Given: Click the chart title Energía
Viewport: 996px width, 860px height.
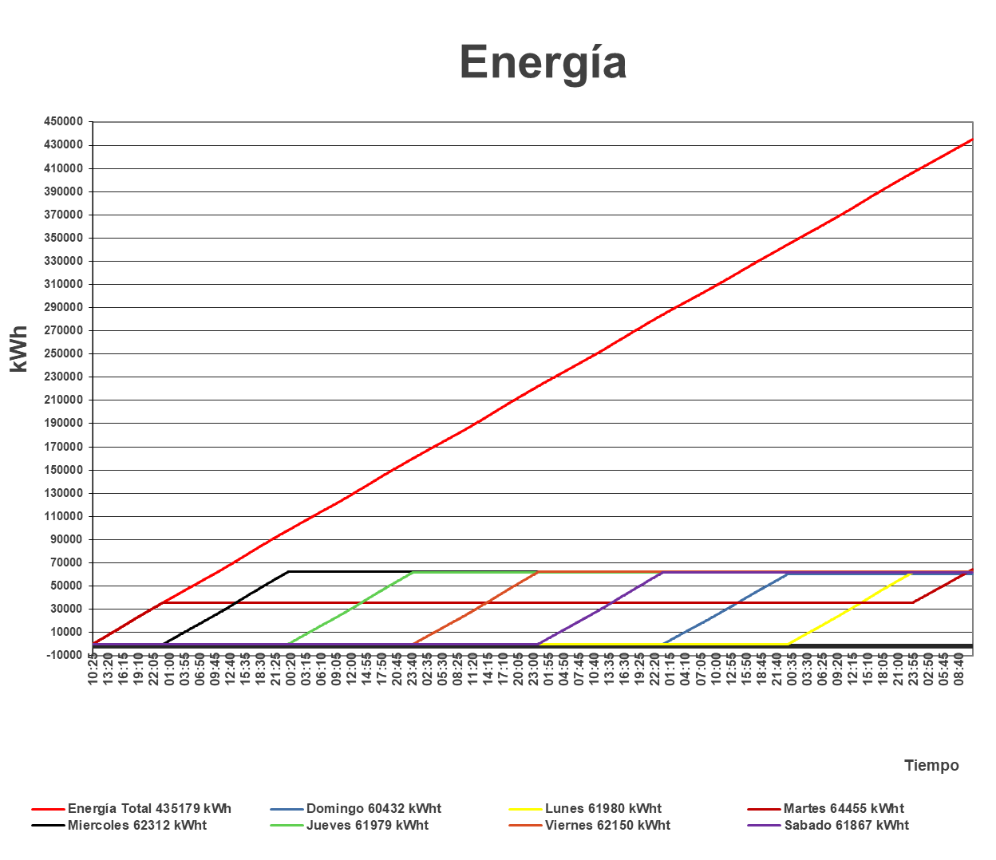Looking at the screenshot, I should pyautogui.click(x=543, y=62).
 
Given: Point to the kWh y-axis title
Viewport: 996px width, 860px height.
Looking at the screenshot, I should pyautogui.click(x=19, y=349).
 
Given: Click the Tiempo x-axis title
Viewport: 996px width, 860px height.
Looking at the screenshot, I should pyautogui.click(x=931, y=766).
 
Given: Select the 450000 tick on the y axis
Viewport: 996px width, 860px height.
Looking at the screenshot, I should pyautogui.click(x=63, y=122).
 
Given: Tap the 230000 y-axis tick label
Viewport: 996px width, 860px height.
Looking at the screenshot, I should pyautogui.click(x=63, y=377).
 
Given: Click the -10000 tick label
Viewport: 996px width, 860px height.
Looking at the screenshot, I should pyautogui.click(x=63, y=655).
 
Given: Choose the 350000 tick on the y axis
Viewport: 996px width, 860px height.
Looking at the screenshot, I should pyautogui.click(x=63, y=238).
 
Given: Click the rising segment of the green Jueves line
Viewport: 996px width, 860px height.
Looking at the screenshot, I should pyautogui.click(x=351, y=608).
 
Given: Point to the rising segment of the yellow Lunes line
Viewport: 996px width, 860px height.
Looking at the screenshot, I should pyautogui.click(x=851, y=609).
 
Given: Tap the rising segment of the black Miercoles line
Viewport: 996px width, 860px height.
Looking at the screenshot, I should pyautogui.click(x=226, y=609).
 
